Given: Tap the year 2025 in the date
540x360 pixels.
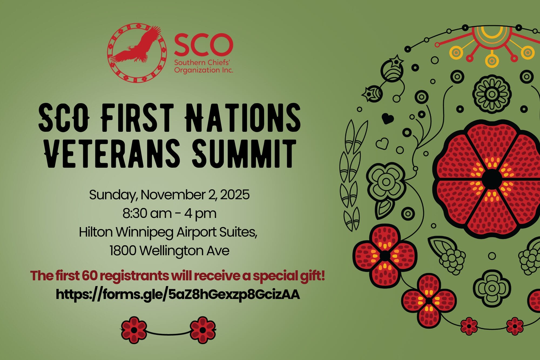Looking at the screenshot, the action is (x=235, y=195).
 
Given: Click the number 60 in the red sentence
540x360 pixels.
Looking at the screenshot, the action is (x=89, y=276).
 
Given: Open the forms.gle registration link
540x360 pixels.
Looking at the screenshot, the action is (x=178, y=294).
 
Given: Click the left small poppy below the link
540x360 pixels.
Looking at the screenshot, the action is (x=134, y=330).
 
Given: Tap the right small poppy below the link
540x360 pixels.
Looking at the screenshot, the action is (x=203, y=330).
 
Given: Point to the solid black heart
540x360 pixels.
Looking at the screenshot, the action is (x=388, y=118).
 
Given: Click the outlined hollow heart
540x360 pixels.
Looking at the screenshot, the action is (x=382, y=144).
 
